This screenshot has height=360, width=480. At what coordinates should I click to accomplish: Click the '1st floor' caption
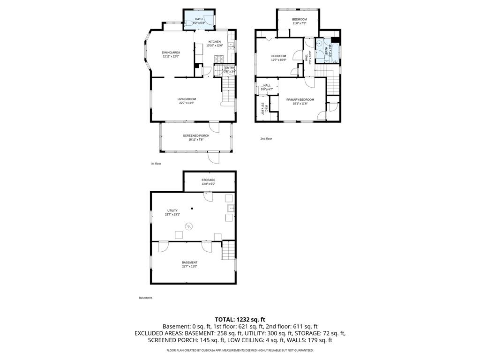(x=156, y=164)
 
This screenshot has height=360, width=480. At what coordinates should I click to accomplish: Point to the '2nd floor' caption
(x=266, y=139)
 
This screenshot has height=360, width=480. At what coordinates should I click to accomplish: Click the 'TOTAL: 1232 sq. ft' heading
(x=240, y=319)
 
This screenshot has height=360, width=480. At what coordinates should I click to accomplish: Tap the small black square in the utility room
(x=192, y=208)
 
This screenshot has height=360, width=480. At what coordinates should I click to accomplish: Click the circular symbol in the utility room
(x=188, y=226)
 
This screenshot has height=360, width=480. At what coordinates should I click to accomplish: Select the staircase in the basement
(x=227, y=249)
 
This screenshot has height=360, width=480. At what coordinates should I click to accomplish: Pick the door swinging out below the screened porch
(x=214, y=158)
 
